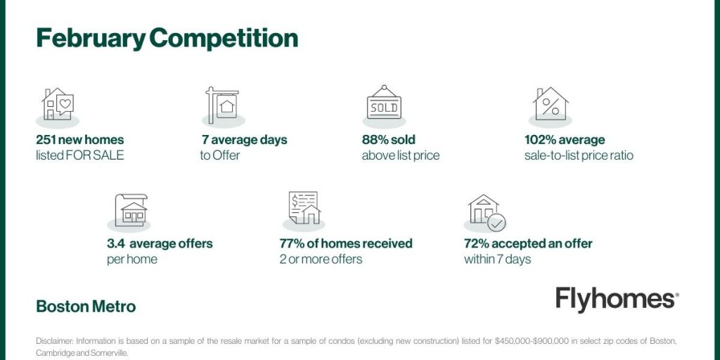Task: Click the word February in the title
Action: [91, 39]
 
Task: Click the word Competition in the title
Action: [223, 39]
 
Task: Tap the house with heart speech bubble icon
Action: [58, 104]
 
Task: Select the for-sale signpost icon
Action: [222, 105]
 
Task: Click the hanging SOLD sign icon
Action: [384, 103]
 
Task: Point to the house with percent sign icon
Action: [551, 103]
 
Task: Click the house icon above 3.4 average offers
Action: [131, 210]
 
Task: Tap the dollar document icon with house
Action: [304, 208]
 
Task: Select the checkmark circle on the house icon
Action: [496, 223]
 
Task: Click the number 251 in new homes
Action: [47, 140]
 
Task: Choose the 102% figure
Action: [540, 140]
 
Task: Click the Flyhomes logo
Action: [617, 300]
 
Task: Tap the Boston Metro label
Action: [86, 307]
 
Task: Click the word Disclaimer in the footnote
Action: [54, 341]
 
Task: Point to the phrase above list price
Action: [400, 155]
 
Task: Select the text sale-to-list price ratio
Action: [579, 155]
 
